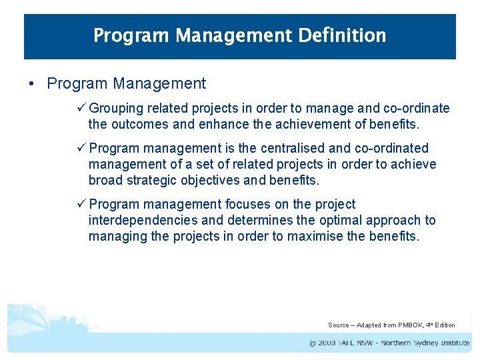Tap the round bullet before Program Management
pos(31,84)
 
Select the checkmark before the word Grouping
pos(82,108)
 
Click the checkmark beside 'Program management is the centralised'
pos(82,148)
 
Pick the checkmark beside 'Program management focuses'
pos(82,204)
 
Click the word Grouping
pos(117,108)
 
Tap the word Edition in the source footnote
pos(445,325)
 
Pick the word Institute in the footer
pos(453,343)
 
